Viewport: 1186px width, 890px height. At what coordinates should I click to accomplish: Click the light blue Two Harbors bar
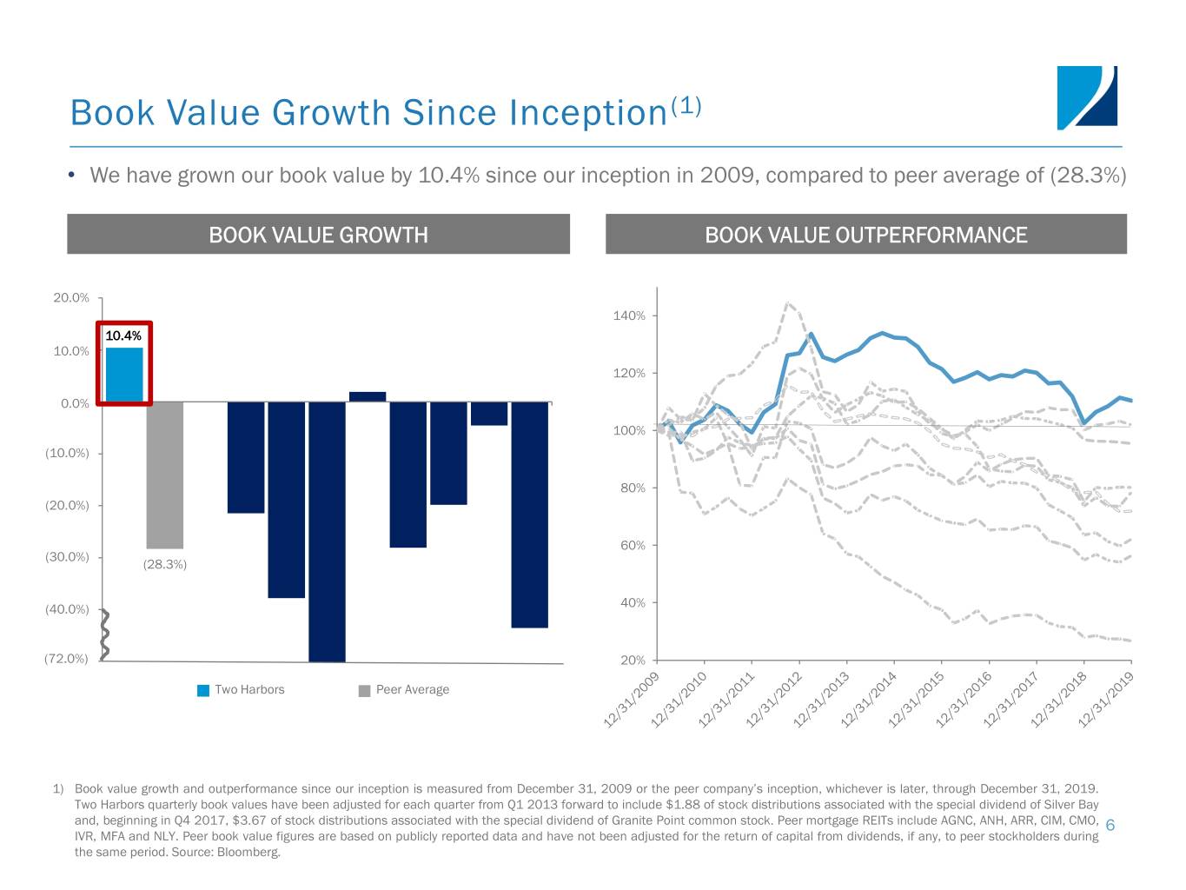[124, 375]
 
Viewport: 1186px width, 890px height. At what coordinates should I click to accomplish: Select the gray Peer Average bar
[165, 475]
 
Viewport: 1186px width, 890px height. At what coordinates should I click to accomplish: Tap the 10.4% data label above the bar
[123, 335]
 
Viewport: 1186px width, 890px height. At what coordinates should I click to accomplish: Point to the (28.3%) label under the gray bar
[165, 564]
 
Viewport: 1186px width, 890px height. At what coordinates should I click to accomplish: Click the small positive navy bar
[368, 396]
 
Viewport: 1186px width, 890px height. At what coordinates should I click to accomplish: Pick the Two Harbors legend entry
[241, 689]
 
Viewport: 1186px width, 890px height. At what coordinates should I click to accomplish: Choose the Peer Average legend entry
[404, 689]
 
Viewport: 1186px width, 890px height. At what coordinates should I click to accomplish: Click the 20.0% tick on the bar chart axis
[70, 298]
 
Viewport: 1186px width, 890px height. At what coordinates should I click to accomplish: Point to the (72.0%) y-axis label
[66, 658]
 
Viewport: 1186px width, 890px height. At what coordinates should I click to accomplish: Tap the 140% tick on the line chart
[629, 315]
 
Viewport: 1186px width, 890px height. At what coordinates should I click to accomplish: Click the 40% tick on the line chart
[633, 602]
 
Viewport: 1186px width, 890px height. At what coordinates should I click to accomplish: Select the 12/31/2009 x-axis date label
[631, 701]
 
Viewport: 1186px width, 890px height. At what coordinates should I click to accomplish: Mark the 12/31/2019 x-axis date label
[1105, 701]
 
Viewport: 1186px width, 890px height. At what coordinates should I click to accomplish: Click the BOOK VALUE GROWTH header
[318, 235]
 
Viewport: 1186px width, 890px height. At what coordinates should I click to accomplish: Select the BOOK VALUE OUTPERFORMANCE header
[866, 235]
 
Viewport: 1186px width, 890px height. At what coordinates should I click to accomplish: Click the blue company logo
[1087, 98]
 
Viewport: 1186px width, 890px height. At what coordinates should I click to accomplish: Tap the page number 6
[1110, 825]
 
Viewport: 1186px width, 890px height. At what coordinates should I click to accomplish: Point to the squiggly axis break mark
[105, 635]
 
